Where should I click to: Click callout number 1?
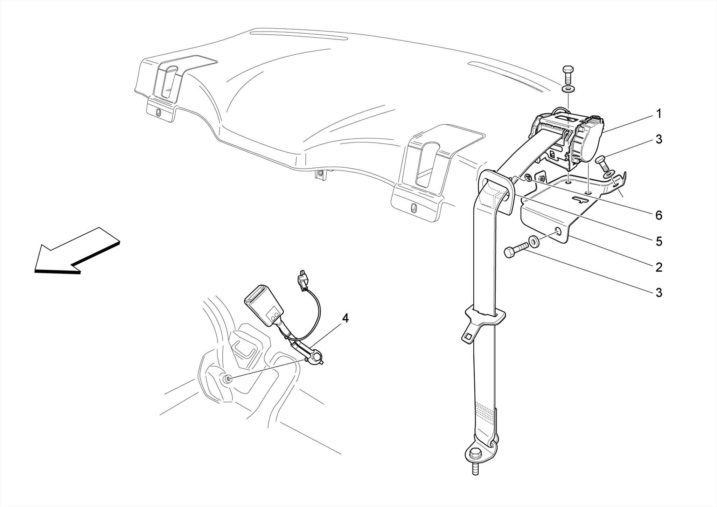(659, 114)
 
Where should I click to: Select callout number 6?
(659, 215)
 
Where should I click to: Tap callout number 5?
(659, 241)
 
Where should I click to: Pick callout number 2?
(659, 268)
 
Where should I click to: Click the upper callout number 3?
(659, 139)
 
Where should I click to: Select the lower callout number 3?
(659, 292)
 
